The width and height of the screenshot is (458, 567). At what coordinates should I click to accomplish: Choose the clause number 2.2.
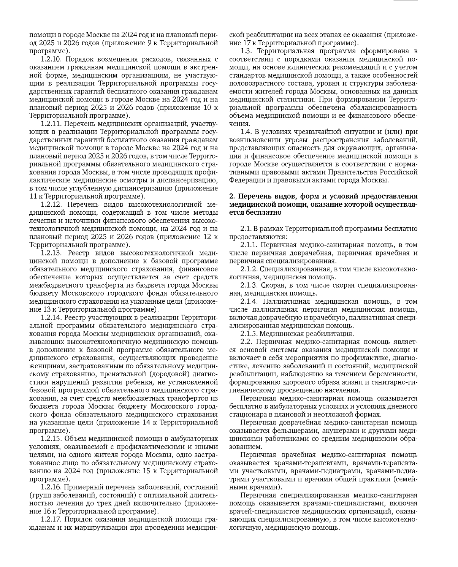[246, 342]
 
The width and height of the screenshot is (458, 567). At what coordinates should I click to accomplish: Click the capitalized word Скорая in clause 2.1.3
[272, 285]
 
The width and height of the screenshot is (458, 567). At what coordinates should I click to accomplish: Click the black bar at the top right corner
[405, 1]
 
